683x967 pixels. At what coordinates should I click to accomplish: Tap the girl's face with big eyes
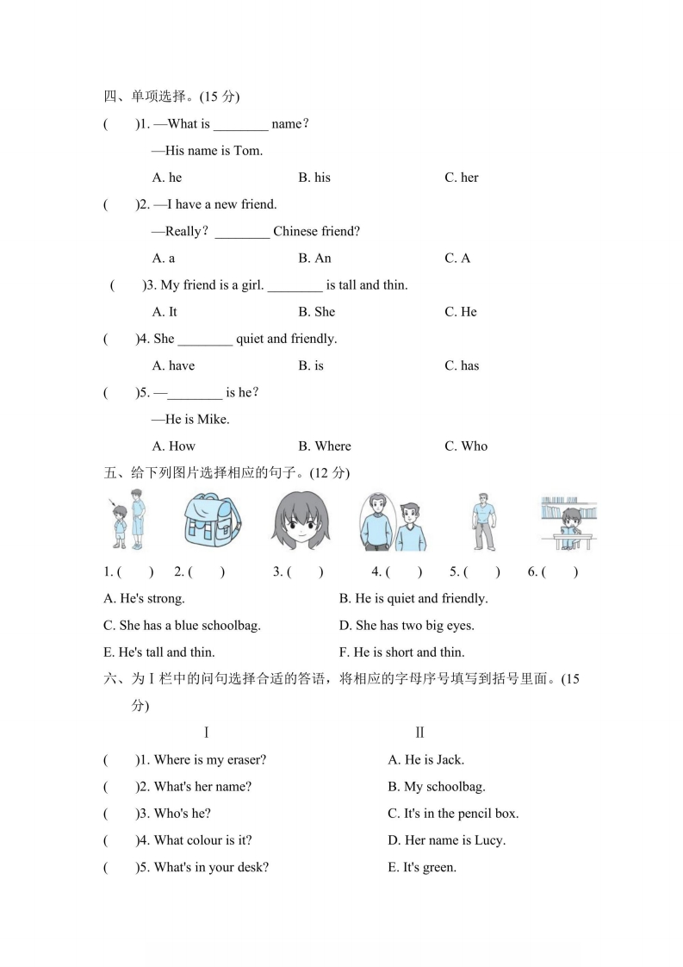(x=301, y=521)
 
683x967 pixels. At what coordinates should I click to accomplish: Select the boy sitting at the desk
(x=569, y=525)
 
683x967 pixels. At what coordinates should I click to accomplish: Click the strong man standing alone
(x=483, y=521)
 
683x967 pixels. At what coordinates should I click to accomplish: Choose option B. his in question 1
(x=314, y=178)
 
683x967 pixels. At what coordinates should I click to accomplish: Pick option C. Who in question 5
(x=465, y=446)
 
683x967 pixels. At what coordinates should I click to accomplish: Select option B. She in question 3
(x=316, y=311)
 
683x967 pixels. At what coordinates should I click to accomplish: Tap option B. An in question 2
(x=314, y=258)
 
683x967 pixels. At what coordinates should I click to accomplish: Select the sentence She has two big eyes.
(x=407, y=625)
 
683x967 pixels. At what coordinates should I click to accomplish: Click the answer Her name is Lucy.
(x=446, y=839)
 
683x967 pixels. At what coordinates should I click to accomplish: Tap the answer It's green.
(x=422, y=867)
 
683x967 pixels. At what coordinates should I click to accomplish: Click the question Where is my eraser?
(x=210, y=759)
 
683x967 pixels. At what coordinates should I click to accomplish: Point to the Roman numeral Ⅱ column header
(x=419, y=733)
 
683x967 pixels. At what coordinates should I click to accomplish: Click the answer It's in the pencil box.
(x=453, y=813)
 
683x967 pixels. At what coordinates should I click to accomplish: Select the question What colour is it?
(x=202, y=839)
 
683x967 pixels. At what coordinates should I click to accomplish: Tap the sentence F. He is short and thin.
(x=401, y=652)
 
